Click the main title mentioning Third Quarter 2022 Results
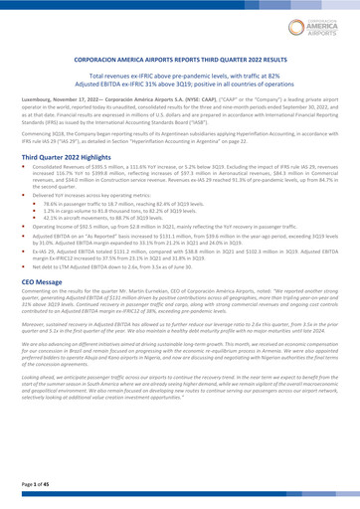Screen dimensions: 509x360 (x=180, y=60)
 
